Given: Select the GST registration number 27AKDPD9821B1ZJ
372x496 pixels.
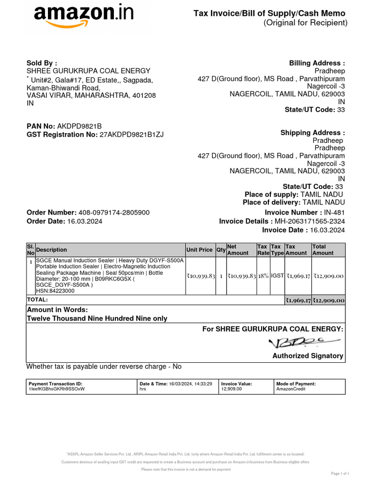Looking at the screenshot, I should click(x=131, y=135).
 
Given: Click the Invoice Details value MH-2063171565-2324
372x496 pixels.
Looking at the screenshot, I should click(x=310, y=221).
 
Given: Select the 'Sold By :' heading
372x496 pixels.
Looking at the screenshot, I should click(x=42, y=63).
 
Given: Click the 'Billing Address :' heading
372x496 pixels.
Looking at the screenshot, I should click(x=317, y=63).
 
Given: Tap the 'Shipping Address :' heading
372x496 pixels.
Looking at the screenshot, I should click(x=313, y=133).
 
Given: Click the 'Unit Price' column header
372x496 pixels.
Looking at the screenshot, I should click(x=199, y=250).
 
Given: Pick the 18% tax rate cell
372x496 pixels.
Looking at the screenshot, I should click(x=263, y=276).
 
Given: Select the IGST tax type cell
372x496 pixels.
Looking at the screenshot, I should click(x=277, y=276).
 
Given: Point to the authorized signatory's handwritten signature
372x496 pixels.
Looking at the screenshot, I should click(x=294, y=343).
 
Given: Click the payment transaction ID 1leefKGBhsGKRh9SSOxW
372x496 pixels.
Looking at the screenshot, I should click(x=57, y=389).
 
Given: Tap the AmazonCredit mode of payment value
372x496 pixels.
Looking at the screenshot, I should click(x=291, y=389).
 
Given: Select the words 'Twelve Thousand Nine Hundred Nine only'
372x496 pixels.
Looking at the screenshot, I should click(x=97, y=318).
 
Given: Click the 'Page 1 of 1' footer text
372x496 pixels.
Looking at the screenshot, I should click(x=340, y=473).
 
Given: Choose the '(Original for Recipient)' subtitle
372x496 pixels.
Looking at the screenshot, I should click(x=305, y=23).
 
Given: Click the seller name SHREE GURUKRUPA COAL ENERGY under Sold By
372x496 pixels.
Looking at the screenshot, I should click(x=88, y=71).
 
